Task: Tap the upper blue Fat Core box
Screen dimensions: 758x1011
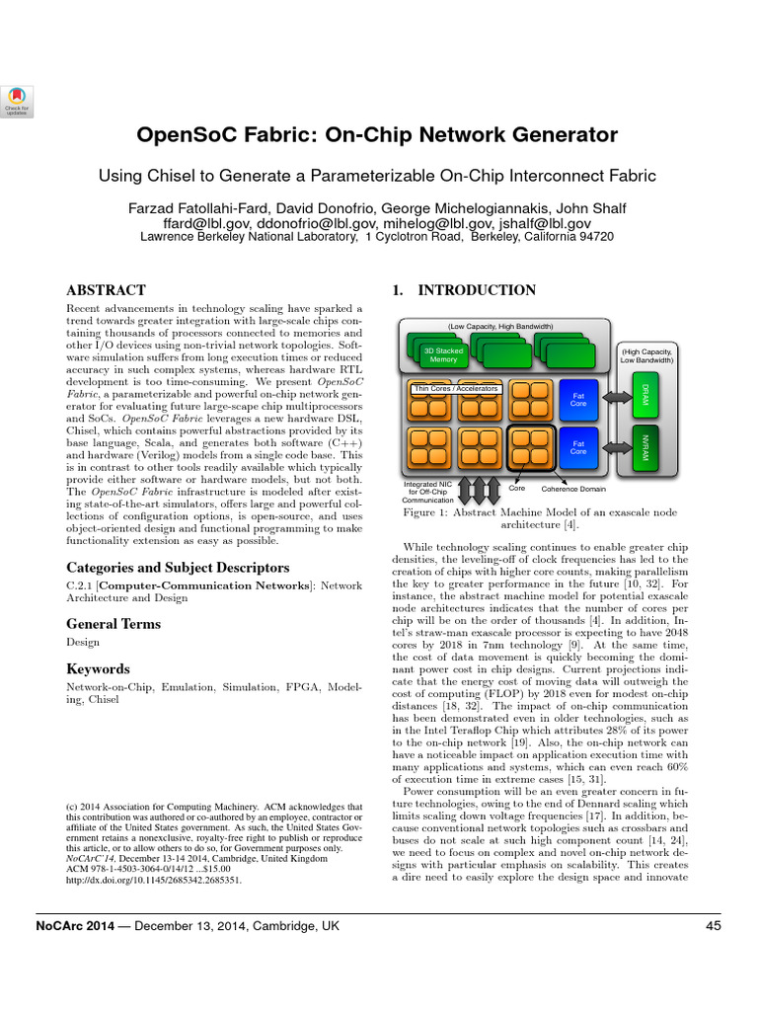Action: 579,399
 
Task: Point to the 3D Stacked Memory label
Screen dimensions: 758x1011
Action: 442,353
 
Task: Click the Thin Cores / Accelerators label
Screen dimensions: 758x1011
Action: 456,389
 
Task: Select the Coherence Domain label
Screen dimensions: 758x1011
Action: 573,489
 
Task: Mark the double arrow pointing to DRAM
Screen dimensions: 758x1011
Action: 615,396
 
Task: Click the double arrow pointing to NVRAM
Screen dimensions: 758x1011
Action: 615,449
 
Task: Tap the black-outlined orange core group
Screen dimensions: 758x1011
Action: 529,447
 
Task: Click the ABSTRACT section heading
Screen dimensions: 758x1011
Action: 106,290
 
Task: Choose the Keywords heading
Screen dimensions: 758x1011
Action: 98,669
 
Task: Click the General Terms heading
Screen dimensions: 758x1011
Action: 113,623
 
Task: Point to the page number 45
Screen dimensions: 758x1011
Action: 714,925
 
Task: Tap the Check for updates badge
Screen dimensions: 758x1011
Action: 17,99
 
